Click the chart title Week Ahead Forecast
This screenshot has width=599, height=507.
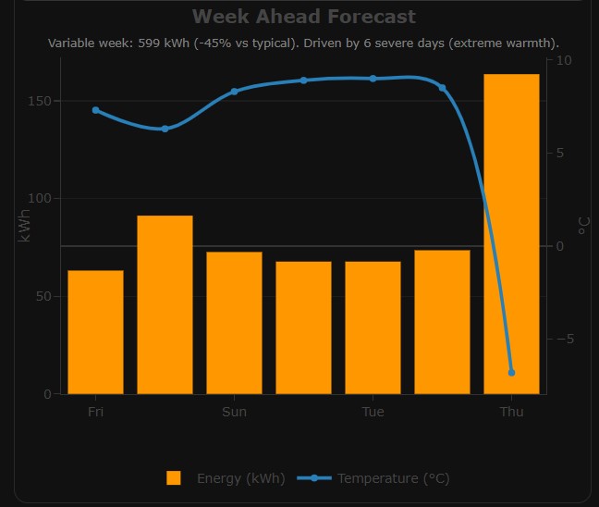point(304,17)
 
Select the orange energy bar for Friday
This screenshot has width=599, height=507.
point(95,332)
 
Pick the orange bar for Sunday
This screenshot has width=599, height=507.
point(234,323)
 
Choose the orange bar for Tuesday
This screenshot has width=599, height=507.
point(373,328)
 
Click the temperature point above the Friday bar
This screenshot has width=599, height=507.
point(96,110)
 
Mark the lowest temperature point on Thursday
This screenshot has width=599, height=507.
point(511,372)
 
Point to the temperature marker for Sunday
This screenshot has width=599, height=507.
point(234,92)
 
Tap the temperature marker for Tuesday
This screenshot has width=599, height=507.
point(373,79)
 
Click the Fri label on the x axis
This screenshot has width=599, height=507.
point(95,412)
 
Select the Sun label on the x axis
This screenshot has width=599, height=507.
point(234,412)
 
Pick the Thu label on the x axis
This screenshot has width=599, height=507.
point(511,412)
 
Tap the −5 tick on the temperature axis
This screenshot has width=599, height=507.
point(564,339)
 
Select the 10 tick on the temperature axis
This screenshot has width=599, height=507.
point(564,61)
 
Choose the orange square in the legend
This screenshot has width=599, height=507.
point(174,477)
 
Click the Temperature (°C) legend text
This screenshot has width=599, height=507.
point(394,478)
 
